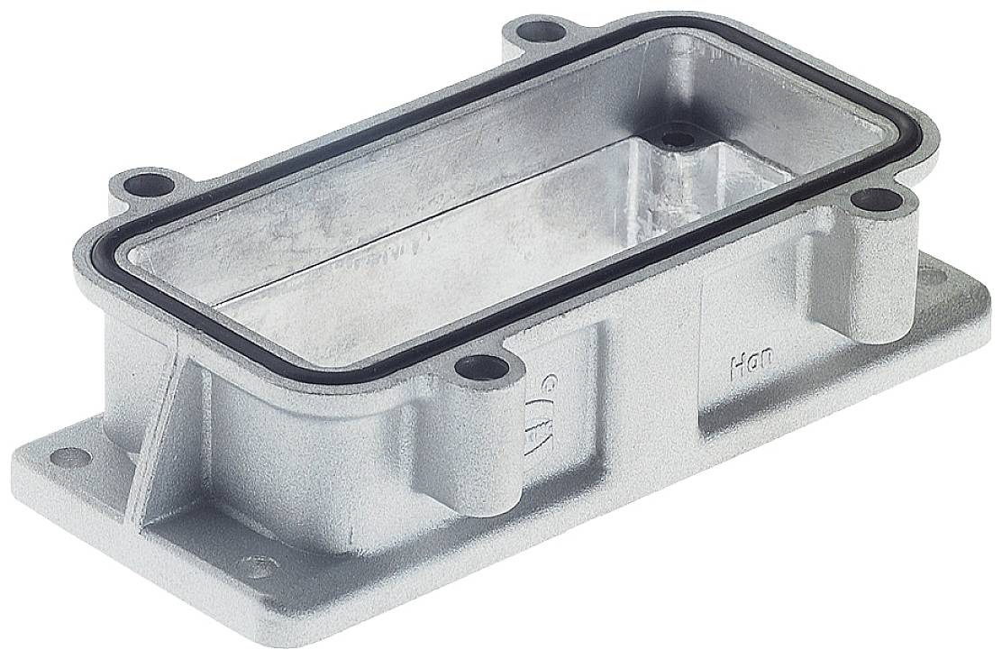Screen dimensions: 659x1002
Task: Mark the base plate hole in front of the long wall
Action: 257,567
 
